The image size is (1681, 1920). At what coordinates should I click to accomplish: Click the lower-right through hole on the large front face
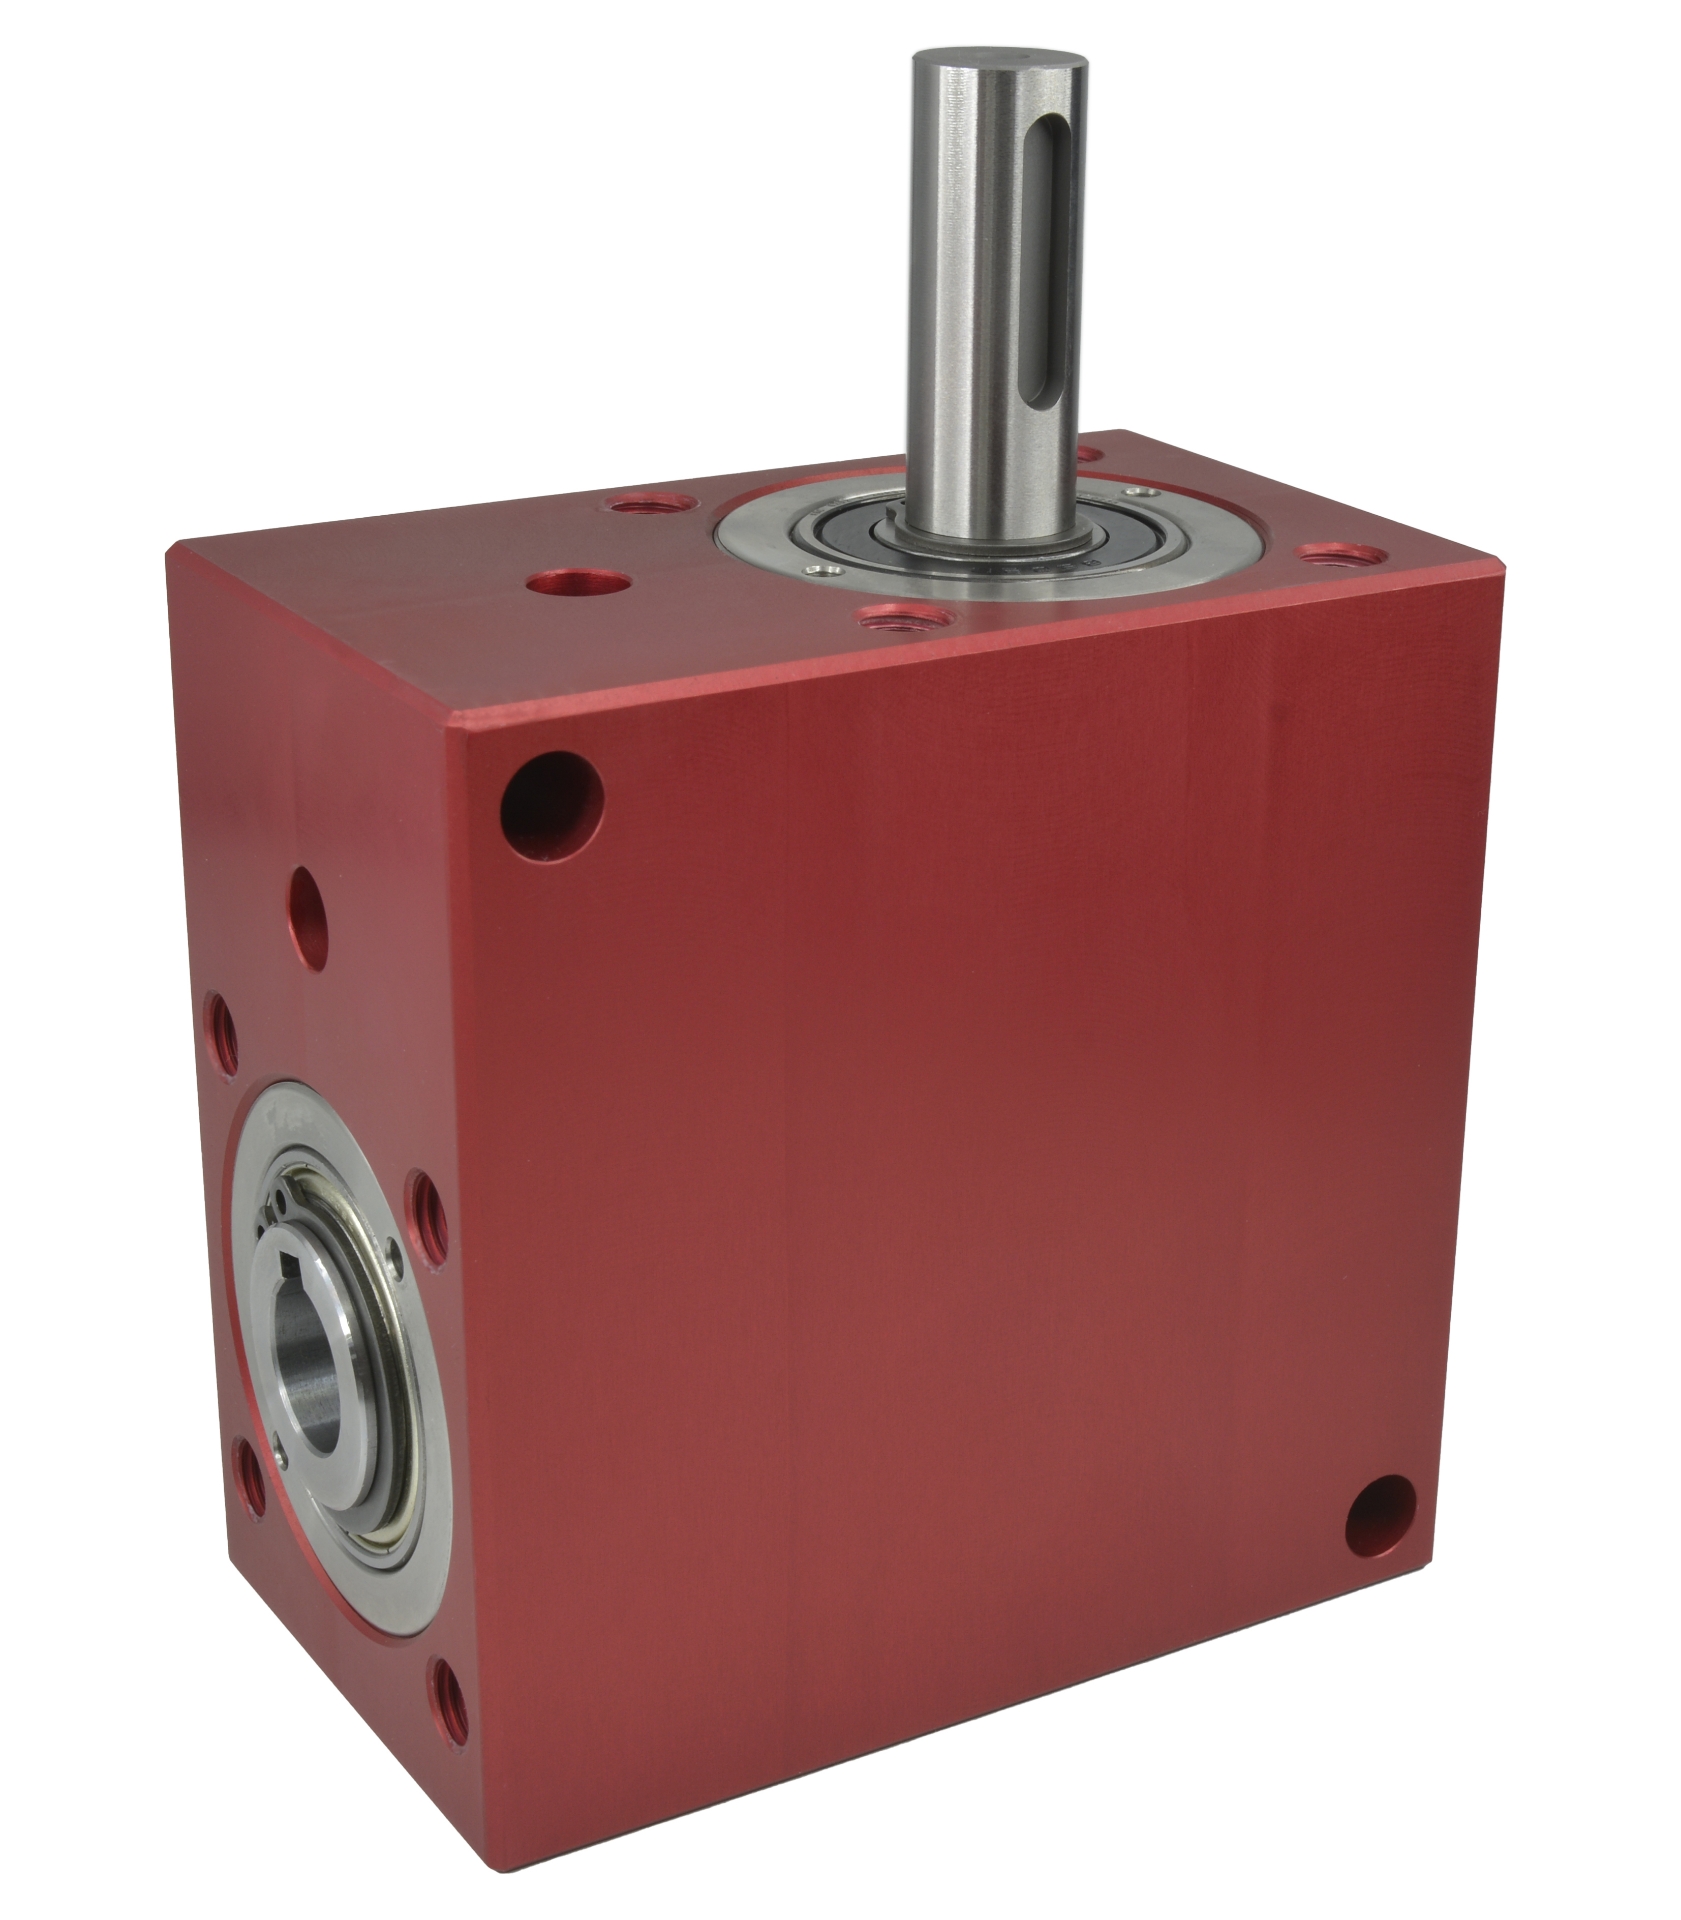pyautogui.click(x=1380, y=1523)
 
